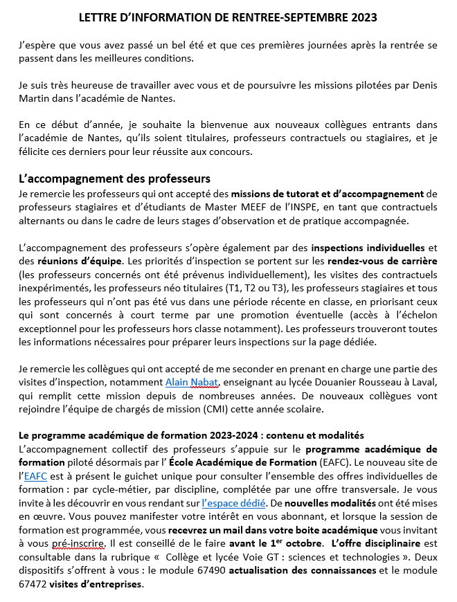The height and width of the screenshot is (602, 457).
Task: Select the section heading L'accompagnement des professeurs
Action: [x=114, y=179]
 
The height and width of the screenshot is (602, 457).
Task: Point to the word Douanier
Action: [x=334, y=381]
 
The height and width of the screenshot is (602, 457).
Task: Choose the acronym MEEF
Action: [x=280, y=208]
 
